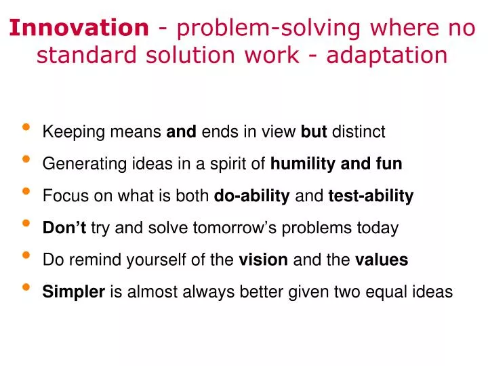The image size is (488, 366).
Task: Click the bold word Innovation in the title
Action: pos(79,28)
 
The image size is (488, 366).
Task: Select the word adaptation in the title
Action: pos(387,55)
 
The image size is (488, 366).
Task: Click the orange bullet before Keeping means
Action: pos(26,128)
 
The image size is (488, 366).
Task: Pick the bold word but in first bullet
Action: pos(314,131)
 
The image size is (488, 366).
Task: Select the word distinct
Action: pos(359,131)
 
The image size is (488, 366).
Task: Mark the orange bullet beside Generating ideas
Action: pos(26,160)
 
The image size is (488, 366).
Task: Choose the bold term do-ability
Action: pos(251,196)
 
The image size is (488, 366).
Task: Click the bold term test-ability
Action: pos(371,196)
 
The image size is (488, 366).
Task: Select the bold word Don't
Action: pos(64,228)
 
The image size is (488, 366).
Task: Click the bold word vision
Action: pos(263,260)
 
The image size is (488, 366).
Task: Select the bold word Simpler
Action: pos(73,292)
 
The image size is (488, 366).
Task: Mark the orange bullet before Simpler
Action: pos(26,289)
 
